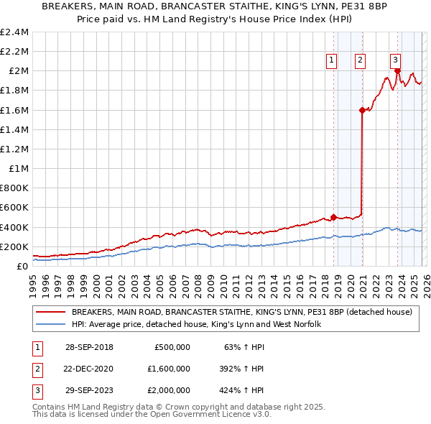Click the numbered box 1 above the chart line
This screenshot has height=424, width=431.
(x=332, y=60)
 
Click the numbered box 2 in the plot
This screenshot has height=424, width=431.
(x=360, y=60)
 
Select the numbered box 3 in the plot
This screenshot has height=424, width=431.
(x=396, y=60)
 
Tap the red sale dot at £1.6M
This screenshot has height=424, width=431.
(x=362, y=110)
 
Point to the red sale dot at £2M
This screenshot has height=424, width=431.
(x=397, y=71)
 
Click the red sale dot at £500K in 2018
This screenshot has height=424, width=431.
(x=334, y=217)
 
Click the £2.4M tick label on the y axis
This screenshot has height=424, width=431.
(x=14, y=32)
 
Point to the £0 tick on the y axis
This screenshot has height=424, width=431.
(x=22, y=266)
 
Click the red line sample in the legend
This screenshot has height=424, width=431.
(x=51, y=313)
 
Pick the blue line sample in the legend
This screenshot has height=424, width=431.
(x=51, y=325)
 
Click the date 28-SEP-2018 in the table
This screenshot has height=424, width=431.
(x=89, y=346)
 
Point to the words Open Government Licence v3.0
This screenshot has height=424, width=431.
(x=208, y=415)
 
